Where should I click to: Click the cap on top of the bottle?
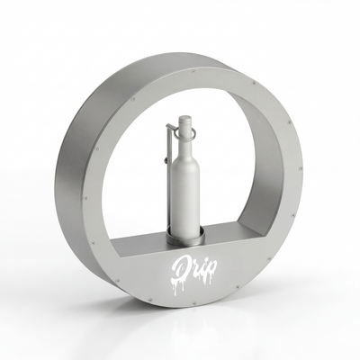[x=184, y=120]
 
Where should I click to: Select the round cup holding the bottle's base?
[x=186, y=236]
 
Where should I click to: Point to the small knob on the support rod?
[x=166, y=161]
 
